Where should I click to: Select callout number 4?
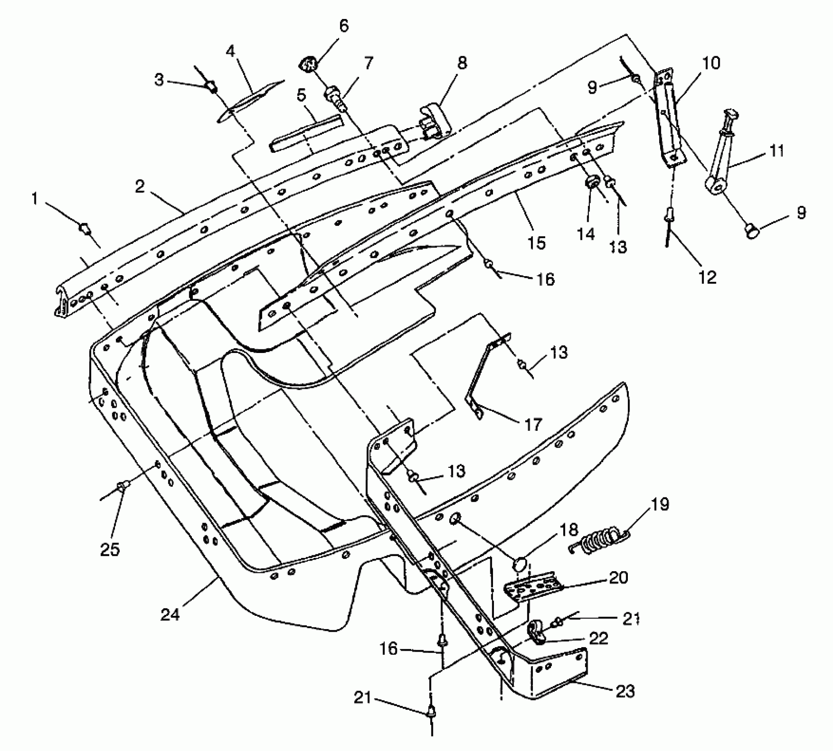coord(230,52)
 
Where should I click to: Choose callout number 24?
coord(170,614)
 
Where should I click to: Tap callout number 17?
coord(533,425)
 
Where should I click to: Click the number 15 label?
coord(536,243)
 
